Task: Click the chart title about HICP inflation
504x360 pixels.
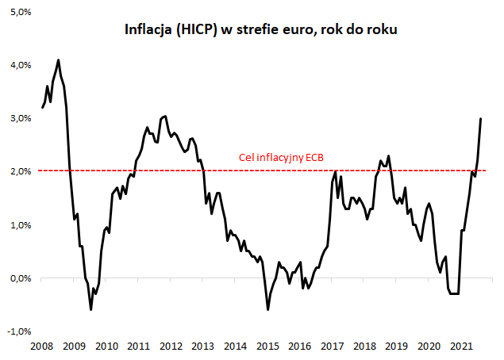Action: pyautogui.click(x=261, y=30)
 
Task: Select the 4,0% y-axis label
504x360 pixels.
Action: pyautogui.click(x=19, y=64)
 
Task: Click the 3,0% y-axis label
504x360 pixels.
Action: pyautogui.click(x=19, y=118)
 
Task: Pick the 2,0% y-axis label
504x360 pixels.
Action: pyautogui.click(x=19, y=171)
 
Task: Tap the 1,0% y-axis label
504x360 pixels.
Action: pyautogui.click(x=19, y=225)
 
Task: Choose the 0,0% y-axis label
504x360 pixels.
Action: pyautogui.click(x=19, y=278)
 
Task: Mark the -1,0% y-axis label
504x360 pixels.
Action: pyautogui.click(x=17, y=331)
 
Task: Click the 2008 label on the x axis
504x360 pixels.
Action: pyautogui.click(x=41, y=347)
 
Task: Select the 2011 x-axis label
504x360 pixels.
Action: pyautogui.click(x=138, y=347)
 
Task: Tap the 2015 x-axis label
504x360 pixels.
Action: pyautogui.click(x=267, y=347)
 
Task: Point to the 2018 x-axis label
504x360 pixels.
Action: pyautogui.click(x=364, y=347)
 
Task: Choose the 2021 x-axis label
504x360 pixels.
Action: pyautogui.click(x=461, y=347)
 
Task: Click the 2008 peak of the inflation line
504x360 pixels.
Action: pyautogui.click(x=58, y=59)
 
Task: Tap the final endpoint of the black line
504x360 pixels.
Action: pyautogui.click(x=481, y=119)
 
